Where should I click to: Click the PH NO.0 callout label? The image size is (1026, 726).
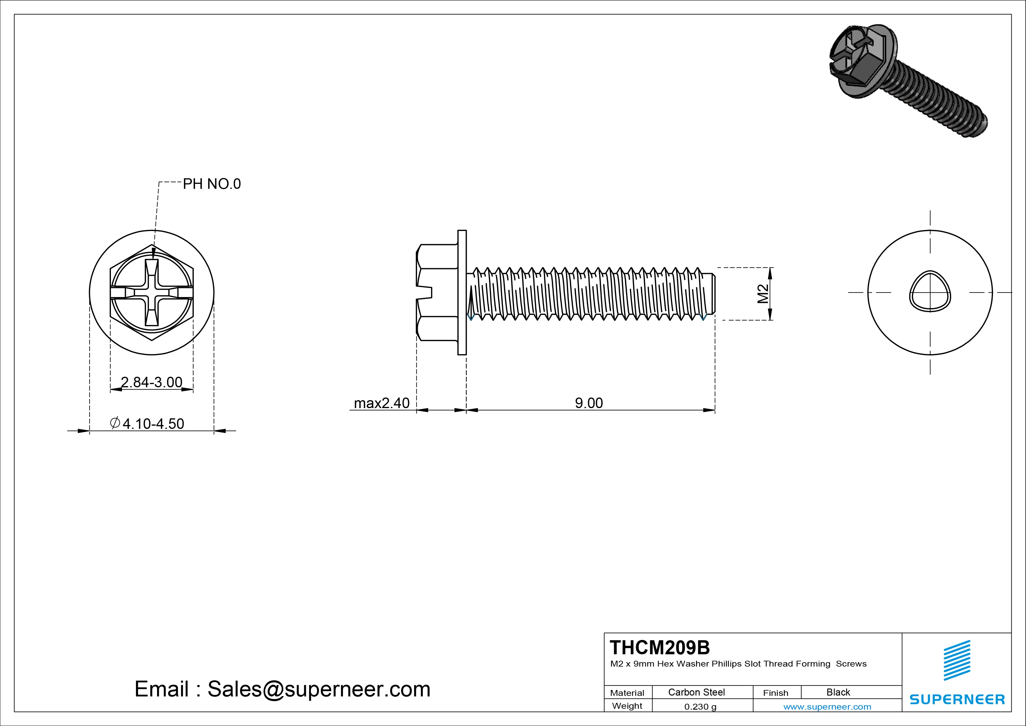click(x=211, y=184)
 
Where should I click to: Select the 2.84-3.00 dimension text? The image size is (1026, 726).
click(x=152, y=382)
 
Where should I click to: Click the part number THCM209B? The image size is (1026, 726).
click(x=659, y=647)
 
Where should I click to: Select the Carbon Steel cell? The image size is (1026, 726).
click(x=696, y=692)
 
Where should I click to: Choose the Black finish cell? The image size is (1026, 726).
click(x=838, y=692)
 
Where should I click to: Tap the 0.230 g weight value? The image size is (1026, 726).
click(x=700, y=707)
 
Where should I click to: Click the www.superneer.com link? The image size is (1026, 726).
click(x=827, y=707)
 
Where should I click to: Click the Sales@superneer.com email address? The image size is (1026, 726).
click(x=319, y=689)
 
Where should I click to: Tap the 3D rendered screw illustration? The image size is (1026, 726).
click(x=907, y=81)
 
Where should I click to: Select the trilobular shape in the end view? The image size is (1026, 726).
click(x=930, y=292)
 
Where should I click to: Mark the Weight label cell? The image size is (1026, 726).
click(x=627, y=706)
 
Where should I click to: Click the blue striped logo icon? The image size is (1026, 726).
click(x=957, y=660)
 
